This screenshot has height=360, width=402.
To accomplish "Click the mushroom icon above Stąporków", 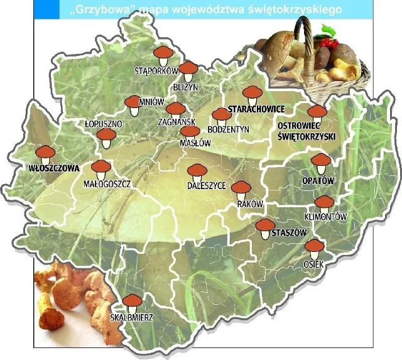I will [x=162, y=55].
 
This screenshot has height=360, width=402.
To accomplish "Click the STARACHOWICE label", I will [x=252, y=109].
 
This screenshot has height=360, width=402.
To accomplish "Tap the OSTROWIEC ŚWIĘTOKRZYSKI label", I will [x=307, y=131].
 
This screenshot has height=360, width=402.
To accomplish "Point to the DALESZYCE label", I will [x=206, y=187].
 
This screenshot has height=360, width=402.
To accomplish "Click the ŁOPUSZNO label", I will [x=103, y=124].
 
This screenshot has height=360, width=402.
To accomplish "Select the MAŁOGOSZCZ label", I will [x=107, y=184].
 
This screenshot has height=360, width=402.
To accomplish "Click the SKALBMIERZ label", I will [x=132, y=318].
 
